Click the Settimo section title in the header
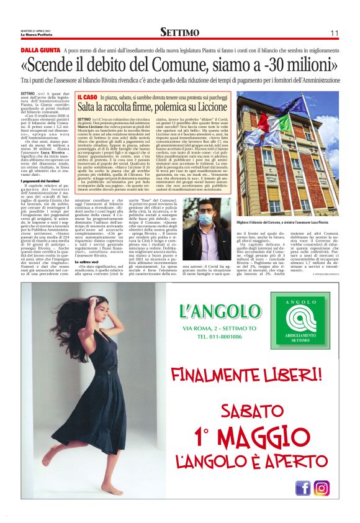coord(179,32)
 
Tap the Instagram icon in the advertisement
coord(322,488)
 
